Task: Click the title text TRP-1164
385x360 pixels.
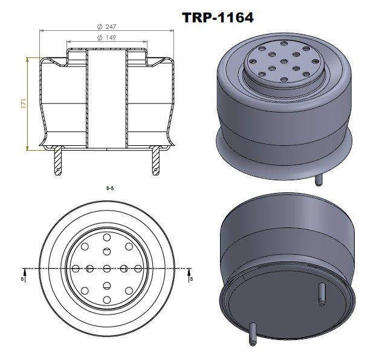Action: (x=218, y=18)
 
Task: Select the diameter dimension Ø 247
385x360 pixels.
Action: (x=106, y=27)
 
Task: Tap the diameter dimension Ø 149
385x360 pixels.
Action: (x=106, y=38)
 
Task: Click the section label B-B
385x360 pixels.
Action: (x=109, y=189)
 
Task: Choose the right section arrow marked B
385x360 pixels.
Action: (x=190, y=278)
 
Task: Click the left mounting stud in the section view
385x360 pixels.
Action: (x=58, y=163)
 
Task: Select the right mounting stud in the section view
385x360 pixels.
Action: (x=155, y=163)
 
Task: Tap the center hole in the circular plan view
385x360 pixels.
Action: (x=106, y=268)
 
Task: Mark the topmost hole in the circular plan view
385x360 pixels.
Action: (x=106, y=237)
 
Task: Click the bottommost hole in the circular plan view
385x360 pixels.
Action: (x=106, y=299)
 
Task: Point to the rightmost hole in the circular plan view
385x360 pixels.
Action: (x=138, y=268)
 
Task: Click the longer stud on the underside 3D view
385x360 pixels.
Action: (x=252, y=334)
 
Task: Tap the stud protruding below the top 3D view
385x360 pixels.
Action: (x=319, y=180)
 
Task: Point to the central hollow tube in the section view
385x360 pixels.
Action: (x=106, y=100)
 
